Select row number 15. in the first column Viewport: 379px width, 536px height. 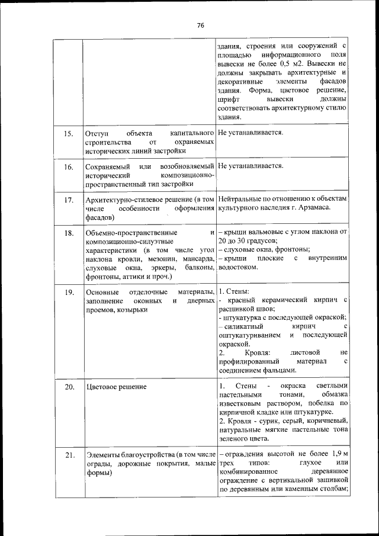[x=69, y=134]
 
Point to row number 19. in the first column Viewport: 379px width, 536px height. [x=69, y=293]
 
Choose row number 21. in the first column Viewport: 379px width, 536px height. [x=69, y=455]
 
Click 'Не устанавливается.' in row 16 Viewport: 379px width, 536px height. [x=250, y=166]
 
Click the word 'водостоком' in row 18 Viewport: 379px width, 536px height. [x=237, y=267]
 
